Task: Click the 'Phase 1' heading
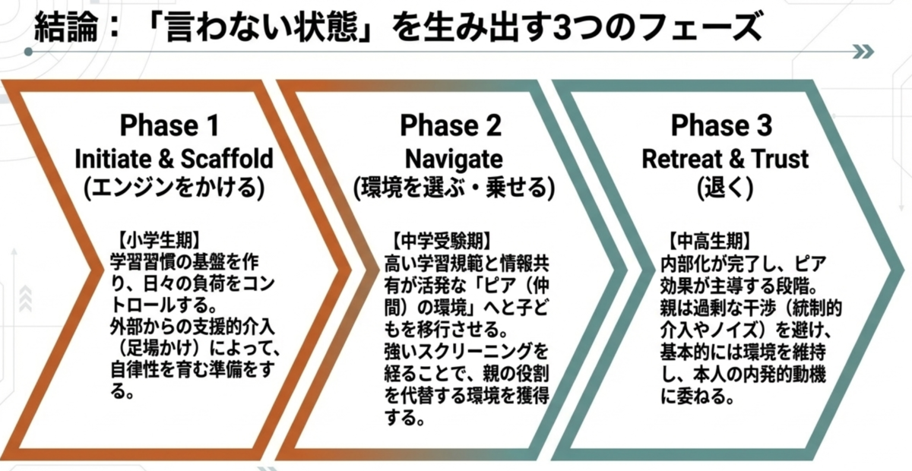[x=169, y=125]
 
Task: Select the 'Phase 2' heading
[x=450, y=125]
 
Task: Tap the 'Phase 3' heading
[x=721, y=125]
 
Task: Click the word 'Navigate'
[x=454, y=160]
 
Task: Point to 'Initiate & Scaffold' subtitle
[x=174, y=159]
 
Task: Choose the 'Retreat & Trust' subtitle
[x=725, y=159]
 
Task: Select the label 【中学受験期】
[x=442, y=241]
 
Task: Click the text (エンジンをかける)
[x=174, y=188]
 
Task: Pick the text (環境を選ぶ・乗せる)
[x=454, y=188]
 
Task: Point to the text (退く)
[x=725, y=188]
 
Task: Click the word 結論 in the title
[x=66, y=27]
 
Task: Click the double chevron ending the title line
[x=863, y=52]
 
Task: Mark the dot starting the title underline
[x=28, y=52]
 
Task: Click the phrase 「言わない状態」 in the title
[x=260, y=27]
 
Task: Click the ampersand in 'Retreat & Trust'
[x=736, y=159]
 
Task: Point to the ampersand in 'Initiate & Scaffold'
[x=166, y=159]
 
